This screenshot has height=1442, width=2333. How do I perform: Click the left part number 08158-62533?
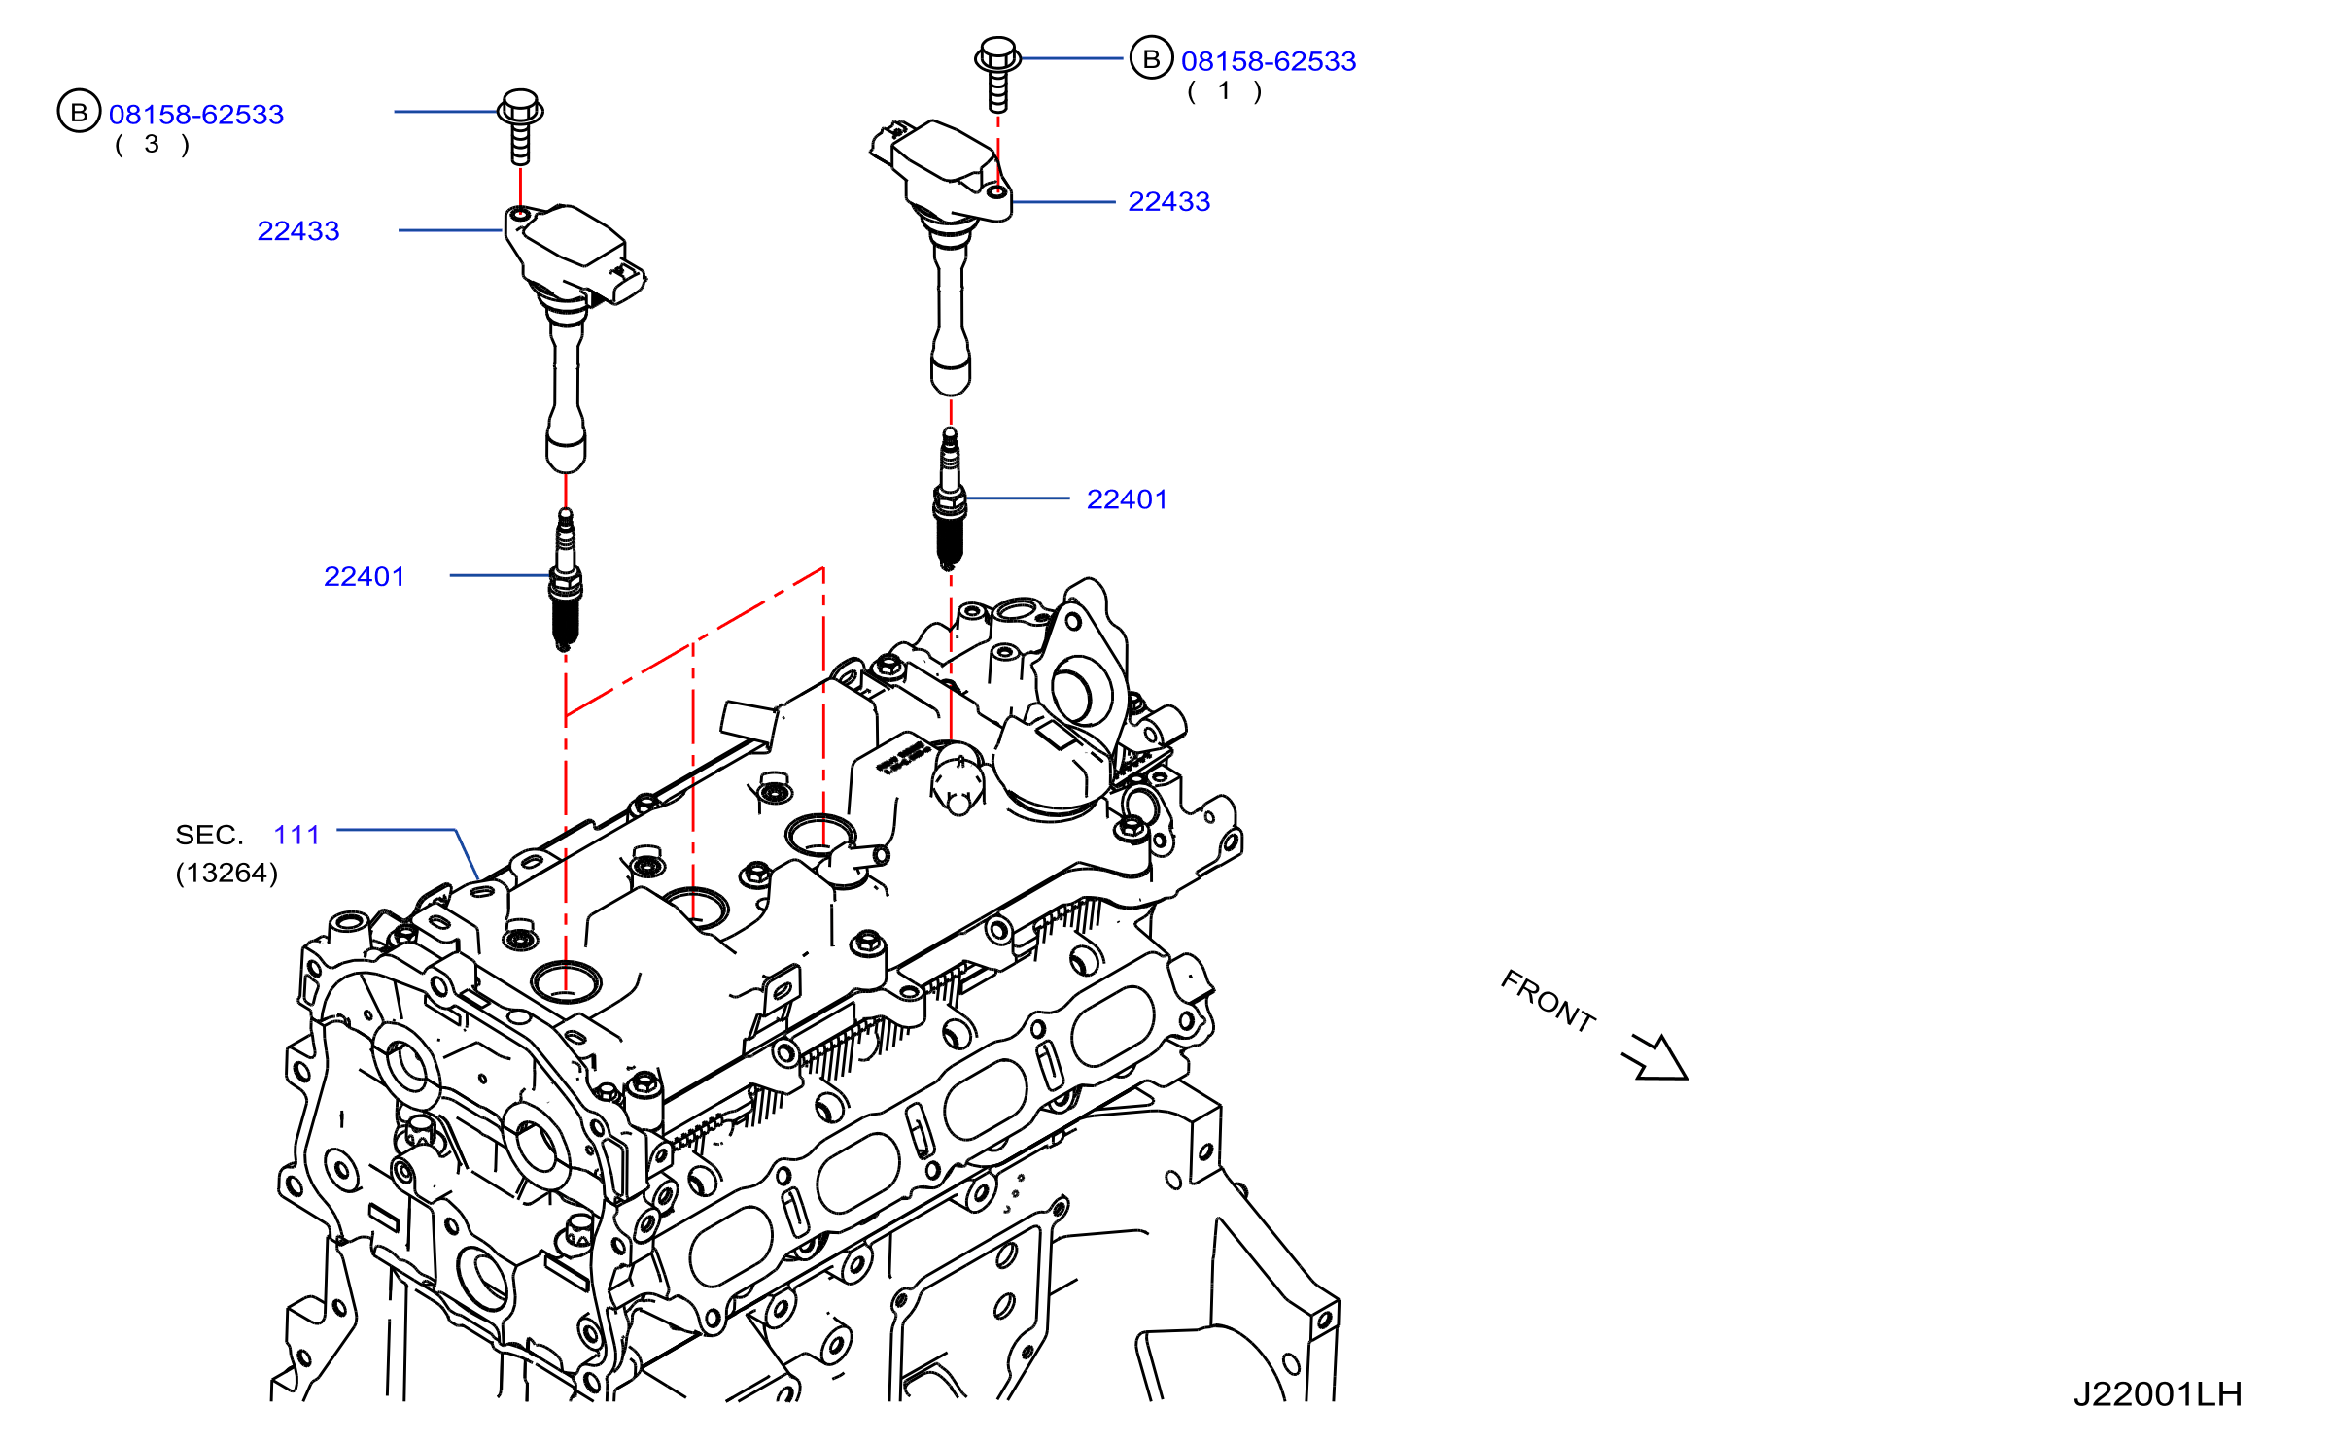pos(196,115)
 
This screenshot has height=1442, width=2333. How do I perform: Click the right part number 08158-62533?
pos(1269,61)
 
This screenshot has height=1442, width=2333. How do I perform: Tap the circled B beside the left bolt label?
pos(80,112)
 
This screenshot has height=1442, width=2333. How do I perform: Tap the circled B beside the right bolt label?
pos(1152,59)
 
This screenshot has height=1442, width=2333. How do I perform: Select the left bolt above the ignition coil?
pos(520,126)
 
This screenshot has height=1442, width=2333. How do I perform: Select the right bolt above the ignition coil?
pos(997,75)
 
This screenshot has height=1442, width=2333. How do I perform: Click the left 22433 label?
pos(298,231)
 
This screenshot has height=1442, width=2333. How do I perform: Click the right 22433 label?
pos(1169,202)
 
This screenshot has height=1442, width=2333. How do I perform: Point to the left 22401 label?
pos(365,577)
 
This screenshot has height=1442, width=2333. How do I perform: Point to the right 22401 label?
pos(1128,499)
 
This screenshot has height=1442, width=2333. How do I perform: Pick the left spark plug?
pos(566,579)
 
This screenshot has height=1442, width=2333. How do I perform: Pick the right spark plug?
pos(950,499)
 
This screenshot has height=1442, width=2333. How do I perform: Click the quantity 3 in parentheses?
pos(152,145)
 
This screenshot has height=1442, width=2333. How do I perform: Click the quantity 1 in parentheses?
pos(1225,91)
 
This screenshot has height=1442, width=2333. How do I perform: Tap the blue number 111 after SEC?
pos(296,835)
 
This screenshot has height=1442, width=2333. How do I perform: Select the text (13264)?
pos(227,873)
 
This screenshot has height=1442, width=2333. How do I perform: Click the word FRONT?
pos(1549,1001)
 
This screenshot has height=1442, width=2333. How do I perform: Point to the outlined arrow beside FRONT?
pos(1656,1057)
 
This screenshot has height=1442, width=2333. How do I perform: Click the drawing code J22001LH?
pos(2158,1394)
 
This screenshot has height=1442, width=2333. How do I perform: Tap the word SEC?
pos(209,835)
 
